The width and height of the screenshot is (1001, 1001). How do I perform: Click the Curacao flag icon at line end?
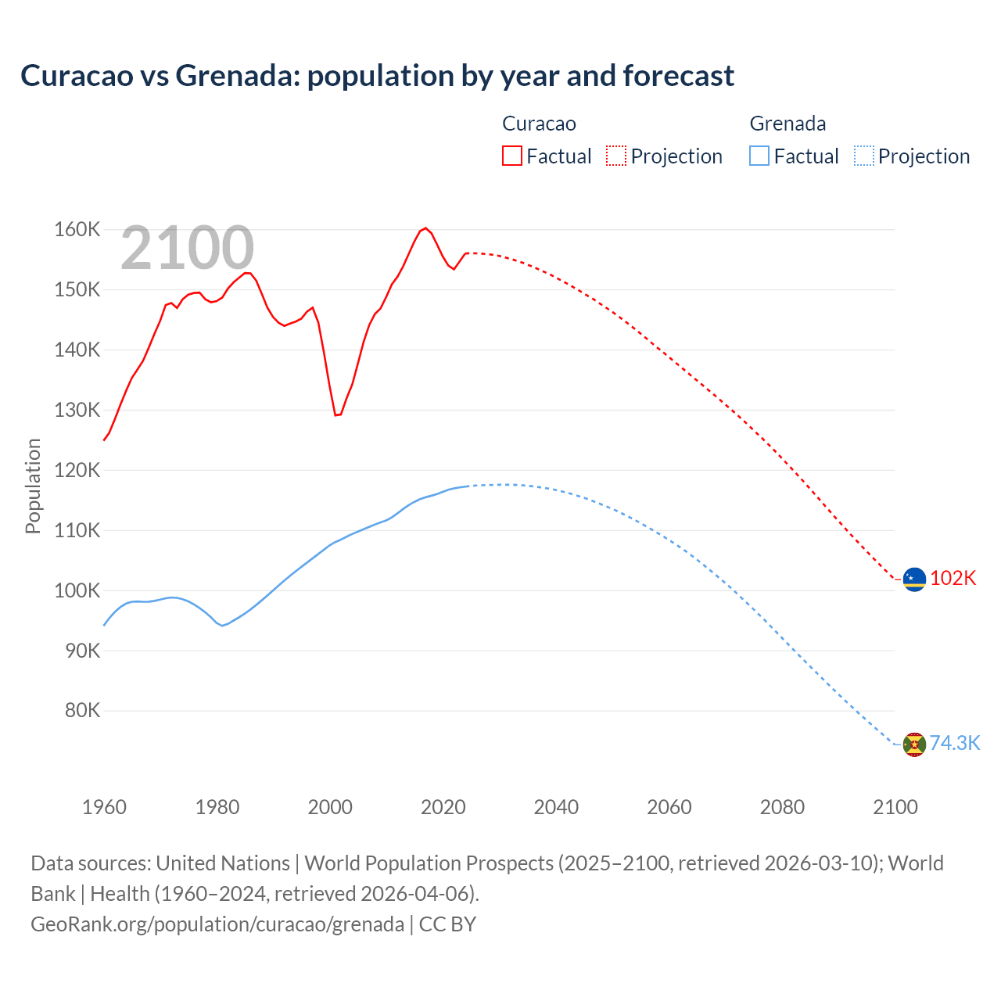(x=914, y=579)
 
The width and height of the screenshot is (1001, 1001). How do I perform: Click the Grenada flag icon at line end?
(x=914, y=744)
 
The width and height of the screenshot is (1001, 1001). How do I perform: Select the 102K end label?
(x=953, y=578)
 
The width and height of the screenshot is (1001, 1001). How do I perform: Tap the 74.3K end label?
(x=955, y=743)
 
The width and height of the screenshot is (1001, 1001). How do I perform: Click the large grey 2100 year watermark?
(x=187, y=249)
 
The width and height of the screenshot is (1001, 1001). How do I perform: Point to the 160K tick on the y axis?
(x=77, y=230)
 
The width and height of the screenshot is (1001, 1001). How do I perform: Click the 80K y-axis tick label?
(x=82, y=711)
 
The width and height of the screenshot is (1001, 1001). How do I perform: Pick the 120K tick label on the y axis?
(x=77, y=470)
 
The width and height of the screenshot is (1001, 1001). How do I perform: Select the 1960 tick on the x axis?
(x=104, y=807)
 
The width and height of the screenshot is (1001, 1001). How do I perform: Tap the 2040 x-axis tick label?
(x=556, y=807)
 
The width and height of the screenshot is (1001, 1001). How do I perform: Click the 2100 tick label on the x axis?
(x=895, y=807)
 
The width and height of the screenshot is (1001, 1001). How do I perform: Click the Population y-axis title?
(x=33, y=486)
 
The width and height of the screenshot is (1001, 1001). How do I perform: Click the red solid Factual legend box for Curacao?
(x=511, y=156)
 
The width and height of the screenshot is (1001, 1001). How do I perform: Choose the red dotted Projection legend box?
(x=616, y=156)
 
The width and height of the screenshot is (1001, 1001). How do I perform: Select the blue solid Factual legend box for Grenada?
(x=759, y=156)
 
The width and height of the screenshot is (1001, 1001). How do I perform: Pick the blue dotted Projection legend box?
(x=864, y=156)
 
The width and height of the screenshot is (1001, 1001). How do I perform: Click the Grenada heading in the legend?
(x=788, y=124)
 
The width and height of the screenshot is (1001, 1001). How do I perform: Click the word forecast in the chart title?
(x=678, y=76)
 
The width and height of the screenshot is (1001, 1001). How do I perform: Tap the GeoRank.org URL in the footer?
(x=217, y=924)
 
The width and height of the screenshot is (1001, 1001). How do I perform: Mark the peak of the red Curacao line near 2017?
(x=425, y=228)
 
